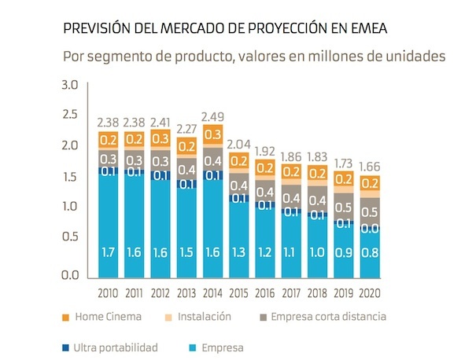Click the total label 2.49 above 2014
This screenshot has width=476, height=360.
[213, 117]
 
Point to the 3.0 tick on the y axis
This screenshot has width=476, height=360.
[70, 85]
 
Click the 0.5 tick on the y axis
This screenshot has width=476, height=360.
[70, 237]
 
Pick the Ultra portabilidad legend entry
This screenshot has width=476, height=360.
[116, 346]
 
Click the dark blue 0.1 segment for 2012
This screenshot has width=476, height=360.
[161, 176]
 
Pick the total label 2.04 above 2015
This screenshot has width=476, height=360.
[239, 144]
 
